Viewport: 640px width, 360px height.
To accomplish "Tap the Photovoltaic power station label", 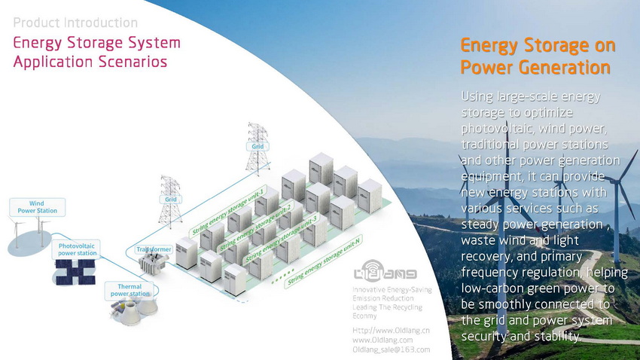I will [78, 250].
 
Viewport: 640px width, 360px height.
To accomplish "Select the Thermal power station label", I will [130, 289].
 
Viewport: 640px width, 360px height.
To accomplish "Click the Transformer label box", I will [154, 249].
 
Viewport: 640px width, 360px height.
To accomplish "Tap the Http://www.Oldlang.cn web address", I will [391, 331].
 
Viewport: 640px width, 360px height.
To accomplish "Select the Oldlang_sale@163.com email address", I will [391, 349].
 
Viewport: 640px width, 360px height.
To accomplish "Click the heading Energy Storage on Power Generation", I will [537, 57].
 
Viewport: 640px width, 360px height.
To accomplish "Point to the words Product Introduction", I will [75, 23].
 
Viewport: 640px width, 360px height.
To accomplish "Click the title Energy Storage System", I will [97, 42].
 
